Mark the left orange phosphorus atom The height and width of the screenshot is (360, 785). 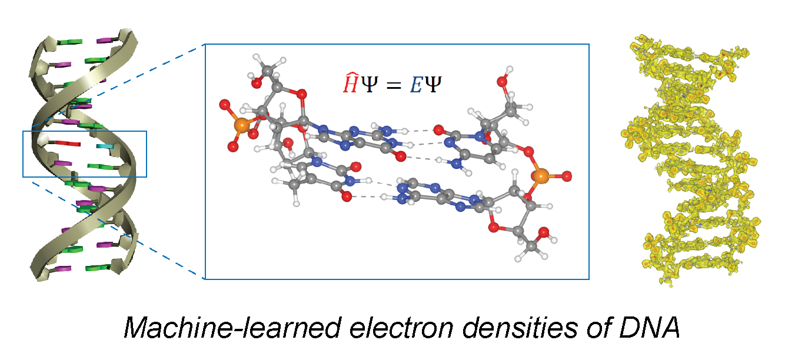click(x=240, y=125)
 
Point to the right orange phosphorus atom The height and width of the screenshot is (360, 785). click(x=541, y=175)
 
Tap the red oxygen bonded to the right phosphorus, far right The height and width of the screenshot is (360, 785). click(x=567, y=175)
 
